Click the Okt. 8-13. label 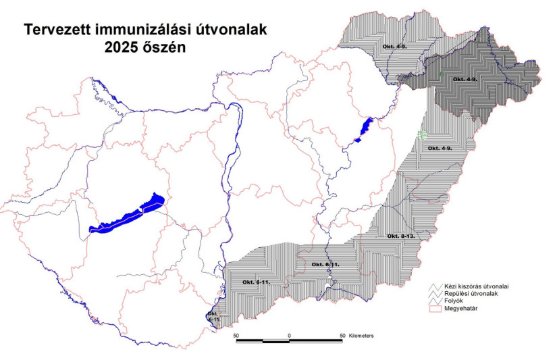[x=400, y=236]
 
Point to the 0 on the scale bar [x=289, y=335]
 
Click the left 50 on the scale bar [x=236, y=335]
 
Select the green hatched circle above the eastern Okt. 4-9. [x=423, y=134]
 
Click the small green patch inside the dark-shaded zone [x=440, y=73]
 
